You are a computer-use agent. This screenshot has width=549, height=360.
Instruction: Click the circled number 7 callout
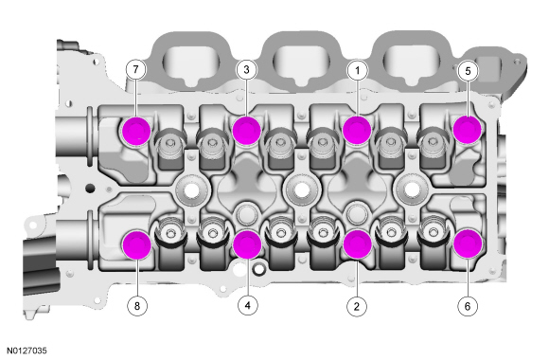tap(136, 70)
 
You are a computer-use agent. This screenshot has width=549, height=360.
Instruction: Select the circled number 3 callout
tap(246, 70)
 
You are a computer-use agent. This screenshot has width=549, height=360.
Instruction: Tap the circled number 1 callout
tap(357, 71)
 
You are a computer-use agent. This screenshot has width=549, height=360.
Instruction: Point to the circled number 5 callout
tap(469, 71)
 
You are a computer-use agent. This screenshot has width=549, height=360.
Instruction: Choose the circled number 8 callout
tap(137, 306)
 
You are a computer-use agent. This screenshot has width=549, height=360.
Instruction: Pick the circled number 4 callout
tap(248, 305)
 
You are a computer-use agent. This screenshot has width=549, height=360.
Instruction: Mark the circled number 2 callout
tap(357, 306)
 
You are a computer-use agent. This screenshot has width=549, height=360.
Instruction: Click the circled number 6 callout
tap(468, 306)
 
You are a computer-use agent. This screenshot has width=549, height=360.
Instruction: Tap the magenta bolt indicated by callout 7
tap(136, 131)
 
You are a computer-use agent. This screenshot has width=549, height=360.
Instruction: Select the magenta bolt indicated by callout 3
tap(247, 130)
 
